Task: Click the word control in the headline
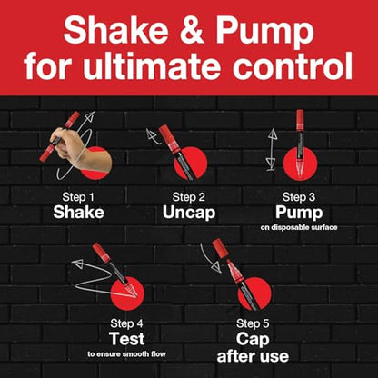[293, 66]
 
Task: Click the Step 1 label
[78, 197]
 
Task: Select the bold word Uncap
[189, 213]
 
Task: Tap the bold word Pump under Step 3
[299, 213]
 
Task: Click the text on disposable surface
[299, 227]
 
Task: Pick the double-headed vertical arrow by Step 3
[273, 149]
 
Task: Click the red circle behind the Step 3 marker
[300, 164]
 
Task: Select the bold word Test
[127, 339]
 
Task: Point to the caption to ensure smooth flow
[127, 353]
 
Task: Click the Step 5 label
[253, 323]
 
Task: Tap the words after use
[253, 356]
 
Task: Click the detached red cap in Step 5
[220, 248]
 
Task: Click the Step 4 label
[126, 323]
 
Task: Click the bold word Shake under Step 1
[78, 213]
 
